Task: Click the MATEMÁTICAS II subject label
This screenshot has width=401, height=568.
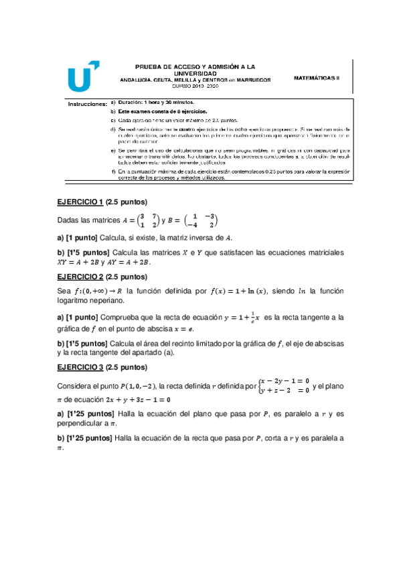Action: (x=317, y=78)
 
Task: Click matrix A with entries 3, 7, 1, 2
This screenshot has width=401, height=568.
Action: (x=139, y=220)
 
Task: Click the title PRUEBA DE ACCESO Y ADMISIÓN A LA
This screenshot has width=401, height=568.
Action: (x=195, y=67)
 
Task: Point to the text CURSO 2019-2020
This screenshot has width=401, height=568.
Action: (x=195, y=87)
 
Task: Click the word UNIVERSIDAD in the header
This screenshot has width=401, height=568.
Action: (x=195, y=73)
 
